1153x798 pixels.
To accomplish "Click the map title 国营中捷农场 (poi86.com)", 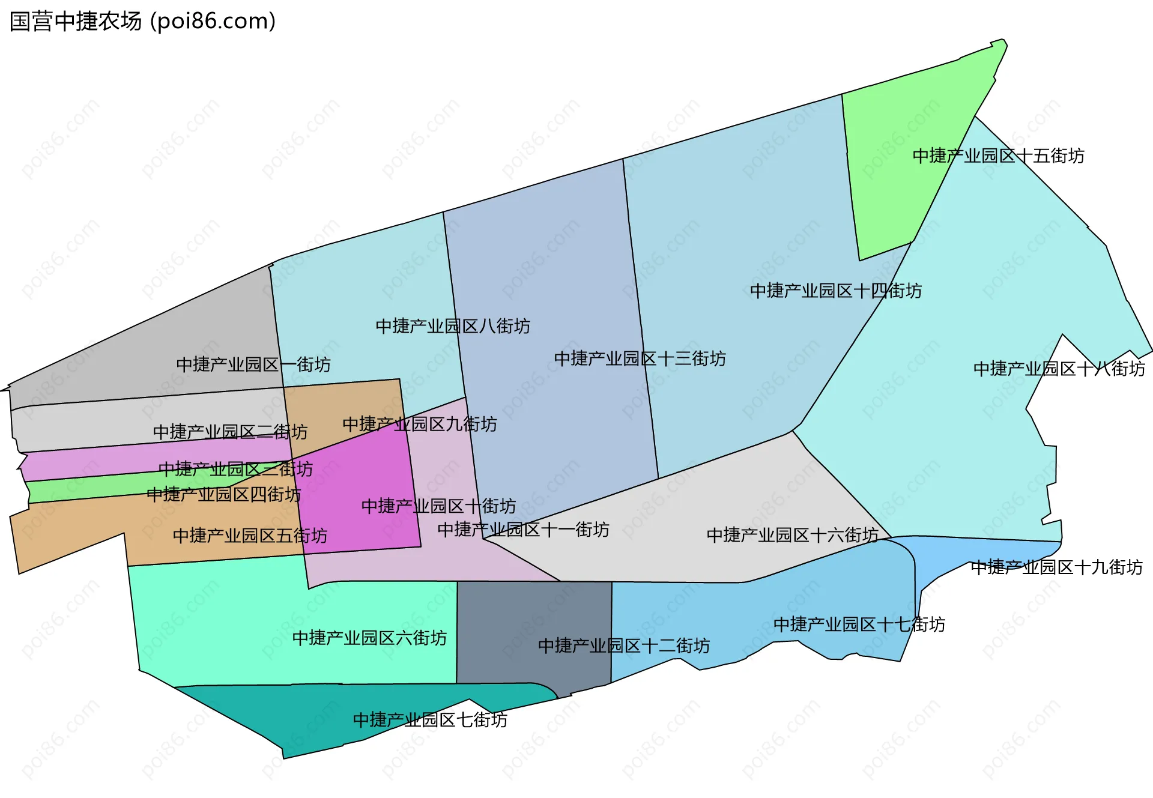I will pyautogui.click(x=142, y=22).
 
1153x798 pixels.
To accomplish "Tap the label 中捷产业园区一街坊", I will pyautogui.click(x=253, y=364).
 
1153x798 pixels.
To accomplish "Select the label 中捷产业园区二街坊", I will pyautogui.click(x=230, y=432).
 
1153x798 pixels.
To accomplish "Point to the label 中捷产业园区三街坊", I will pyautogui.click(x=235, y=469).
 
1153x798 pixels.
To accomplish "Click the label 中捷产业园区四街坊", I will pyautogui.click(x=223, y=495).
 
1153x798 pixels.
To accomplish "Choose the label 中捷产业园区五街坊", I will pyautogui.click(x=250, y=536).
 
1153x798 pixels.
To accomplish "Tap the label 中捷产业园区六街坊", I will pyautogui.click(x=369, y=638).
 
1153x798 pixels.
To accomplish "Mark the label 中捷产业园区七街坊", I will pyautogui.click(x=430, y=719).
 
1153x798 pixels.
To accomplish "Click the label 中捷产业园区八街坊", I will pyautogui.click(x=453, y=326).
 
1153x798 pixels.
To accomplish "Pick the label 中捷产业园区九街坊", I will pyautogui.click(x=420, y=425).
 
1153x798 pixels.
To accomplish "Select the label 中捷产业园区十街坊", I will pyautogui.click(x=438, y=506).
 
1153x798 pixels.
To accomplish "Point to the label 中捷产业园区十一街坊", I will pyautogui.click(x=523, y=530).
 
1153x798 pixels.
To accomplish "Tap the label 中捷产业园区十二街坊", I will pyautogui.click(x=624, y=646).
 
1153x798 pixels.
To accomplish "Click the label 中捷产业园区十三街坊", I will pyautogui.click(x=640, y=358).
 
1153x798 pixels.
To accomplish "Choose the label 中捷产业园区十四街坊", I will pyautogui.click(x=836, y=291).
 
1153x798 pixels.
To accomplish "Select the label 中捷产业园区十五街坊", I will pyautogui.click(x=998, y=156).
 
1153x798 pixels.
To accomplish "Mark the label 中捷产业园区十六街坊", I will pyautogui.click(x=793, y=535).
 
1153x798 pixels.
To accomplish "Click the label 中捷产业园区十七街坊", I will pyautogui.click(x=859, y=624).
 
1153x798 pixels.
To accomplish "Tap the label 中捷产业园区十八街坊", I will pyautogui.click(x=1059, y=369).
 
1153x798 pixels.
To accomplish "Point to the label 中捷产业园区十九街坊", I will pyautogui.click(x=1056, y=567).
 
